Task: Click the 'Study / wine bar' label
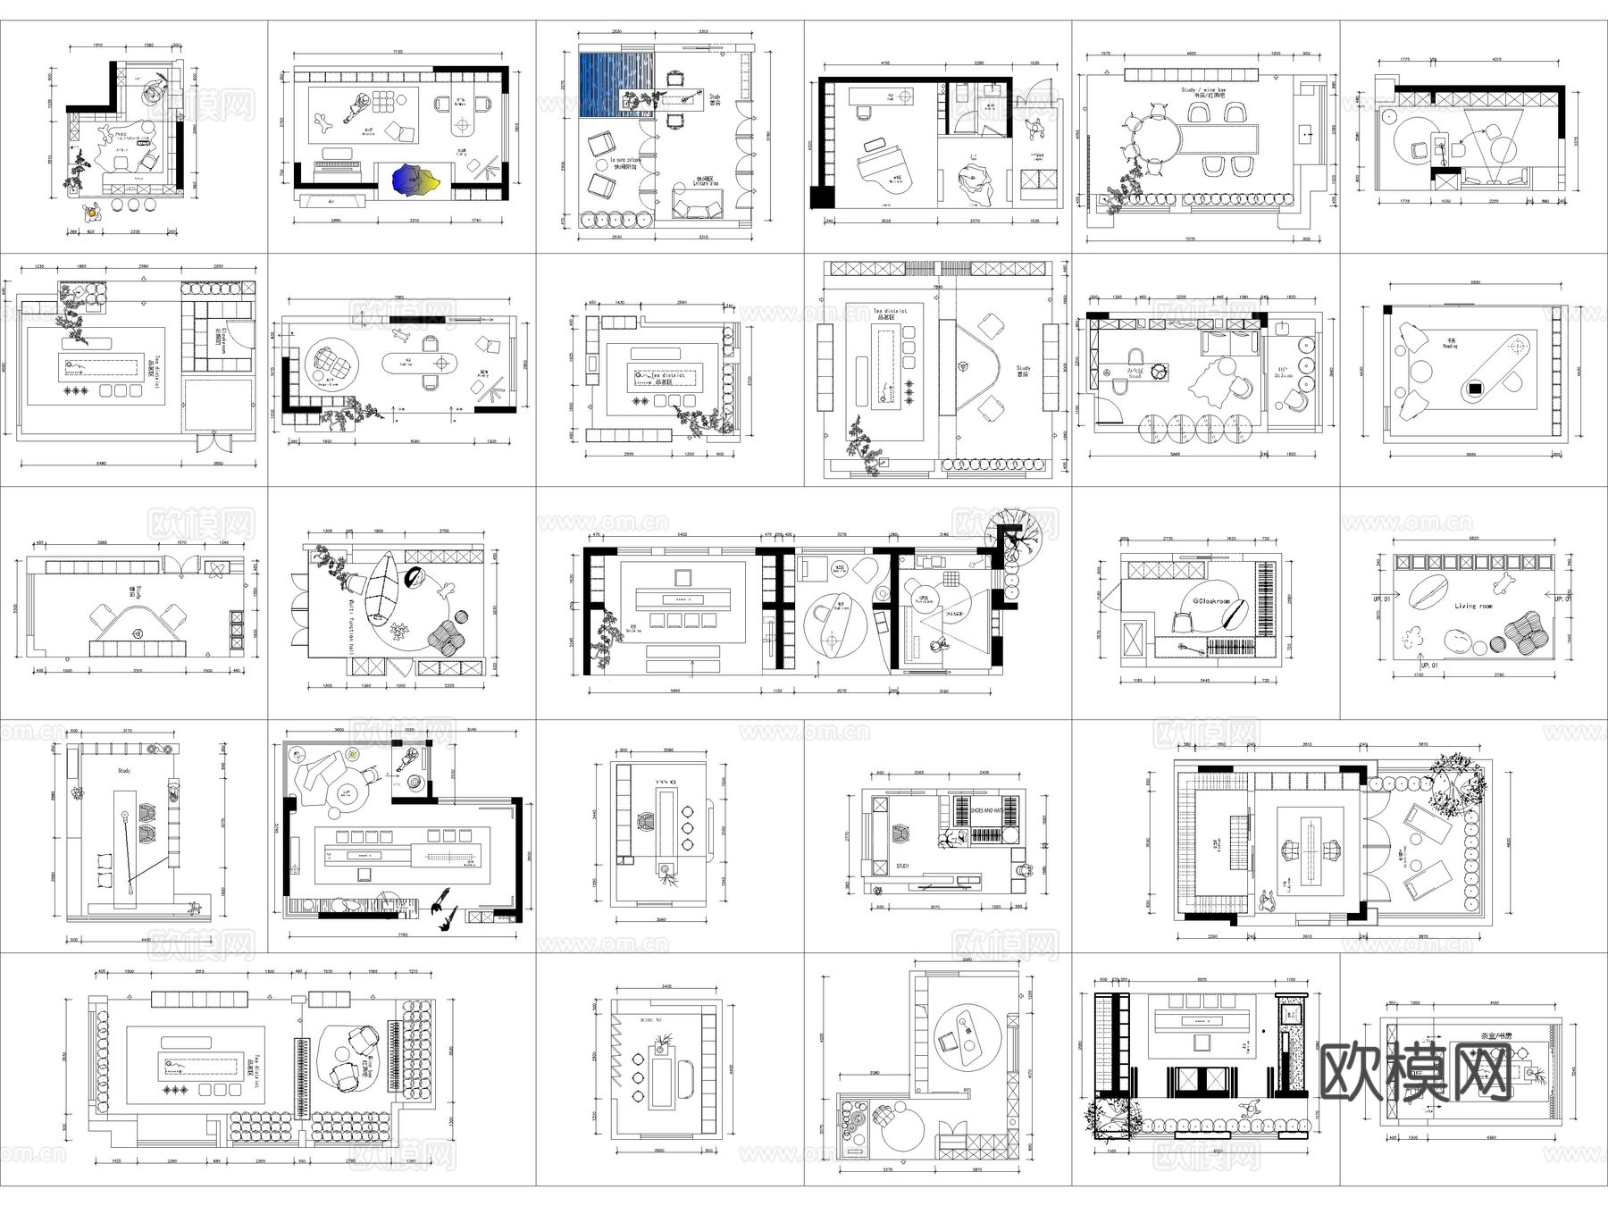[x=1202, y=91]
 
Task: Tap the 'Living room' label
[x=1473, y=606]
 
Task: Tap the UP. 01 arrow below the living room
[x=1429, y=665]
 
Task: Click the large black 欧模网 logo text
[x=1415, y=1072]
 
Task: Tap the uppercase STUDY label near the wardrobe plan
[x=902, y=866]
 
